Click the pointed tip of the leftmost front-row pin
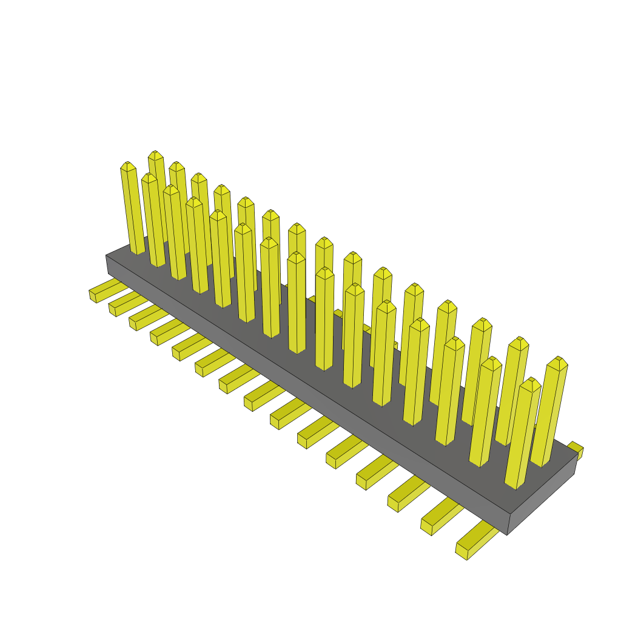pyautogui.click(x=127, y=165)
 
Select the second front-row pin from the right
pyautogui.click(x=485, y=412)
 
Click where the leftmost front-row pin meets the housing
pyautogui.click(x=138, y=250)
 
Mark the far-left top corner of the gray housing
pyautogui.click(x=106, y=255)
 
